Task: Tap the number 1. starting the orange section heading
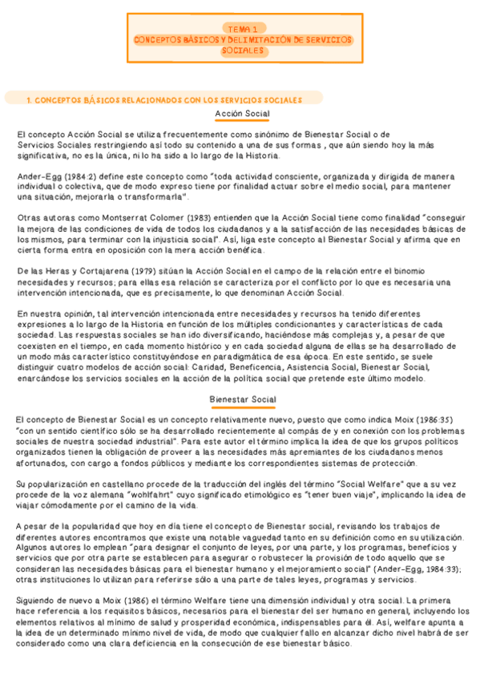point(29,100)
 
